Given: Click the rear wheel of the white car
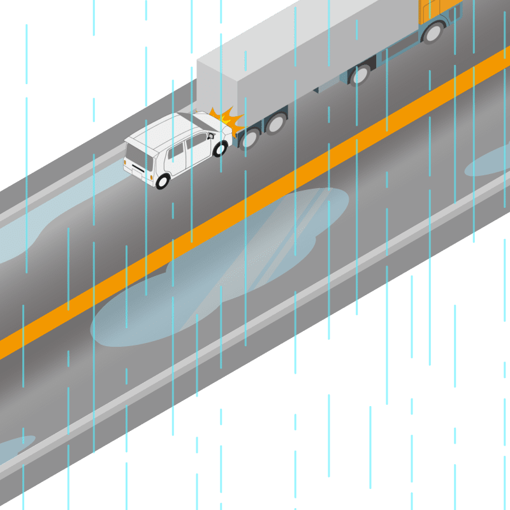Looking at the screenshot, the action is pyautogui.click(x=163, y=181).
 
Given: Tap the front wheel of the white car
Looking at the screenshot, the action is pyautogui.click(x=221, y=149).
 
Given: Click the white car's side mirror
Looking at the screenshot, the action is pyautogui.click(x=210, y=135).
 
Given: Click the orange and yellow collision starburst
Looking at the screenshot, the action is pyautogui.click(x=228, y=120).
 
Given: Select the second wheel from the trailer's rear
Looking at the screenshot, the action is pyautogui.click(x=275, y=123).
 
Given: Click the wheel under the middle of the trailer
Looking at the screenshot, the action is pyautogui.click(x=361, y=75).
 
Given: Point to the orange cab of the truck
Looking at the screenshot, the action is pyautogui.click(x=440, y=9).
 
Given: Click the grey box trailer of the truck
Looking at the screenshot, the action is pyautogui.click(x=306, y=51).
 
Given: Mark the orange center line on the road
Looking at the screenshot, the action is pyautogui.click(x=255, y=204).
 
